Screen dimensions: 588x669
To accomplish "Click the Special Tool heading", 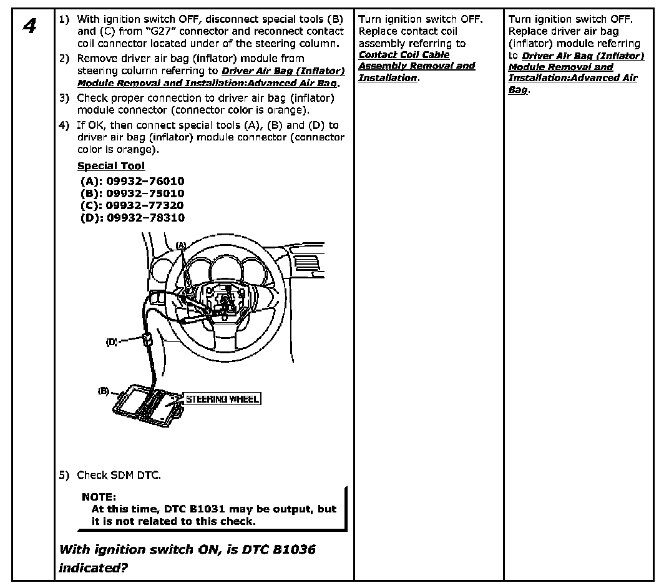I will pyautogui.click(x=110, y=166).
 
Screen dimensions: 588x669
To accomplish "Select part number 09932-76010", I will pyautogui.click(x=145, y=181).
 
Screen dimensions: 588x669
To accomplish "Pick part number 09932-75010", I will pyautogui.click(x=145, y=194).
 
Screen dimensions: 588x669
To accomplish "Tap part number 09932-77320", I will pyautogui.click(x=145, y=205).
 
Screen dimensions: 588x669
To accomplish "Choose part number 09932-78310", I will pyautogui.click(x=145, y=218).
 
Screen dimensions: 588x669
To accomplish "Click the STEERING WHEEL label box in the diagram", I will pyautogui.click(x=222, y=399).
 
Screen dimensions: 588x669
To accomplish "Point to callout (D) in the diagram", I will pyautogui.click(x=112, y=341).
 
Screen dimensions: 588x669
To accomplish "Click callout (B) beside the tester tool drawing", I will pyautogui.click(x=104, y=391).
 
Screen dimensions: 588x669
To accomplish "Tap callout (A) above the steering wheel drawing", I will pyautogui.click(x=181, y=245).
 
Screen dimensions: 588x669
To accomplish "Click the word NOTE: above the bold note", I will pyautogui.click(x=99, y=497).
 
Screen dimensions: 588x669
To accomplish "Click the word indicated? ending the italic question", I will pyautogui.click(x=96, y=568).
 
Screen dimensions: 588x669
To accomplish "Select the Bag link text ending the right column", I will pyautogui.click(x=517, y=90).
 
